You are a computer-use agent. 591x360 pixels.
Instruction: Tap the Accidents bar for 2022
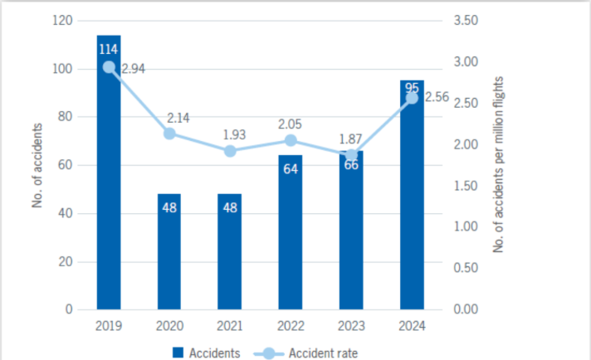click(291, 232)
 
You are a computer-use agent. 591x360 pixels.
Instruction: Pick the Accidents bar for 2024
click(412, 195)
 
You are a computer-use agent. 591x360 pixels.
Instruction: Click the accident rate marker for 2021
click(230, 151)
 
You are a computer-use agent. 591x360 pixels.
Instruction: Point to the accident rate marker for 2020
click(169, 134)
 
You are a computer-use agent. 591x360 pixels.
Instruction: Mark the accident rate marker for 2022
click(291, 140)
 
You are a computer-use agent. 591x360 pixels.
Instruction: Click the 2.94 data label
click(134, 70)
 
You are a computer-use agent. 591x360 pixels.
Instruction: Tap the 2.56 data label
click(437, 98)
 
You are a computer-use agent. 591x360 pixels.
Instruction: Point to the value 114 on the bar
click(109, 48)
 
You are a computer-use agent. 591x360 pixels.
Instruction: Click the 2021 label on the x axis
click(230, 326)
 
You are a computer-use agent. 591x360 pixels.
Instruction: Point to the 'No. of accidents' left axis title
click(38, 164)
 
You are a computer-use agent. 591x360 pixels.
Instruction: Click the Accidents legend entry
click(208, 353)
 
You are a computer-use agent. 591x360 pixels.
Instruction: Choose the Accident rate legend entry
click(310, 353)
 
